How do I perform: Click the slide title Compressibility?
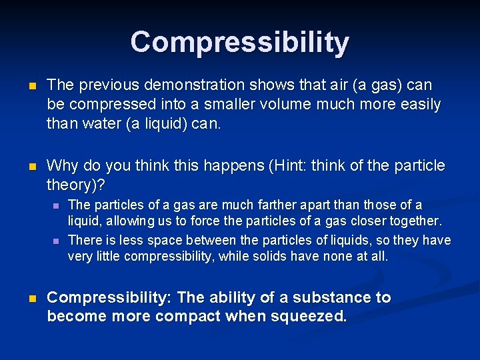coord(239,41)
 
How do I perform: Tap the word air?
coord(339,85)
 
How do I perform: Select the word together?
coord(417,221)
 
